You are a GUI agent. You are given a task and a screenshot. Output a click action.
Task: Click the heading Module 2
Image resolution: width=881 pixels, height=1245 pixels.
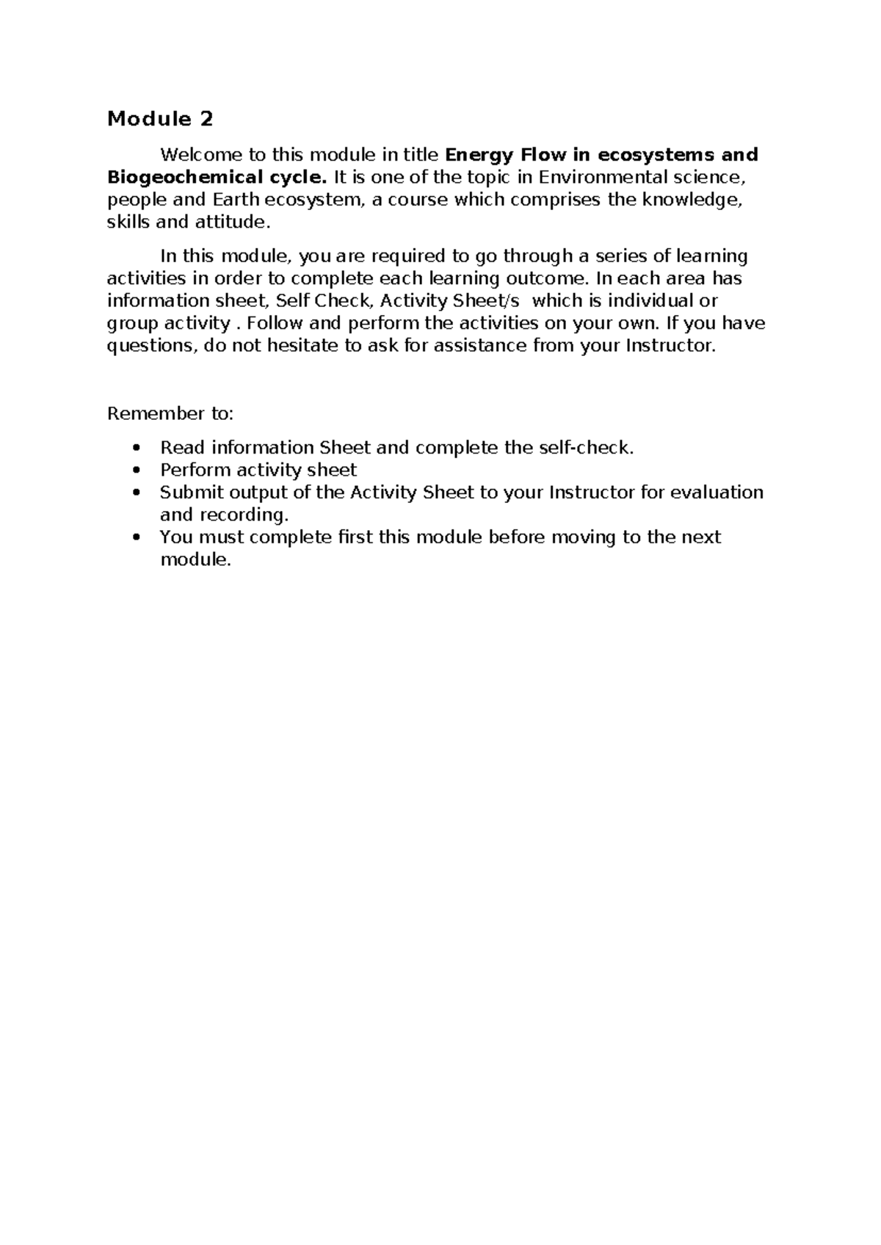point(161,119)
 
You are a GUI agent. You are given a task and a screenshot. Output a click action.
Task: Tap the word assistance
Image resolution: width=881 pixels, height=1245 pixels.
point(480,346)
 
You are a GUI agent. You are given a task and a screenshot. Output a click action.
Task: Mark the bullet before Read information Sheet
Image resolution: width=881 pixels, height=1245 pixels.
point(134,449)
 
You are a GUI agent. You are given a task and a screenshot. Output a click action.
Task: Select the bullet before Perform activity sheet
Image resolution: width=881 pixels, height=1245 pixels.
point(134,471)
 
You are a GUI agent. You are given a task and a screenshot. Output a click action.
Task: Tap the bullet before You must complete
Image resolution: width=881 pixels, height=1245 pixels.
point(134,537)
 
